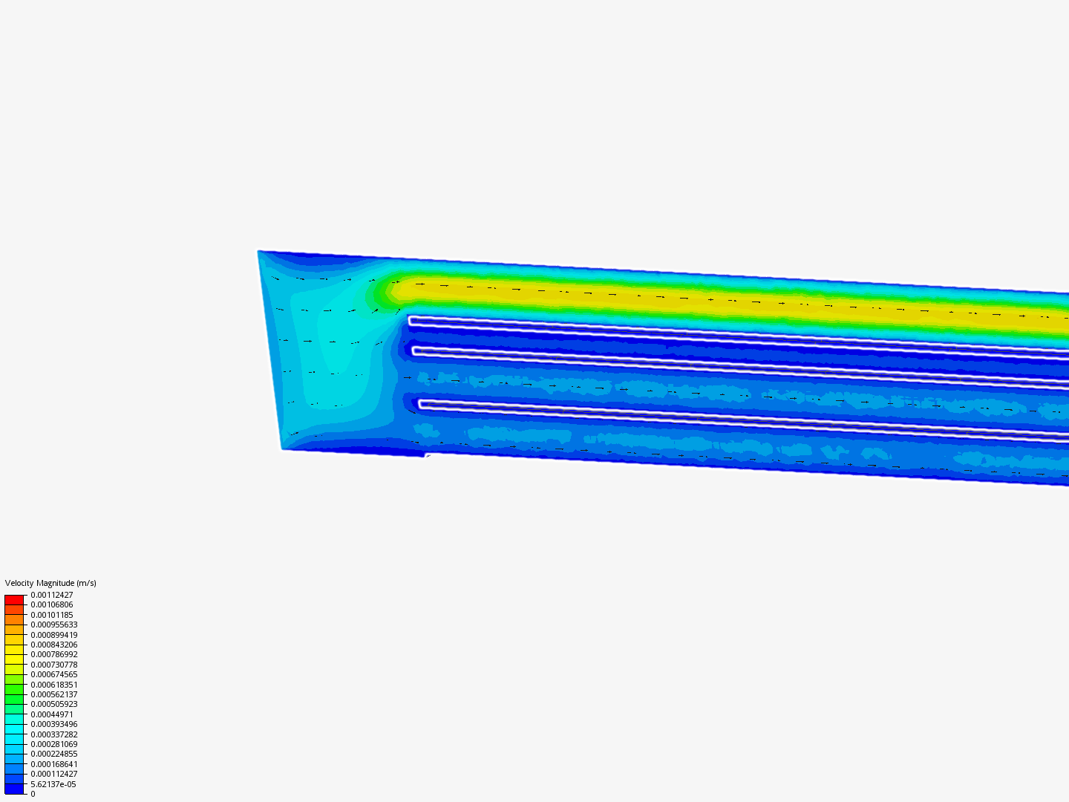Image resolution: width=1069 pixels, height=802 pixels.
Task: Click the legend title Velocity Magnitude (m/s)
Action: click(50, 583)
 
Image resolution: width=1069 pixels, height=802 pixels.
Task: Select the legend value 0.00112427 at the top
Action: click(52, 595)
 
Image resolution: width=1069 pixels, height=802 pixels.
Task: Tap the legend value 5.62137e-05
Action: click(53, 784)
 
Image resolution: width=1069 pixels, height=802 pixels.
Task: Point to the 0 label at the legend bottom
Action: click(33, 794)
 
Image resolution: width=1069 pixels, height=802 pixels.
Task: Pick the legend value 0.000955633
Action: click(54, 625)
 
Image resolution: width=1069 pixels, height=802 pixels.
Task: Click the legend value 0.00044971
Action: click(52, 714)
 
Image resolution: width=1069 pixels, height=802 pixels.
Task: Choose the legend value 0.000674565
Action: click(54, 674)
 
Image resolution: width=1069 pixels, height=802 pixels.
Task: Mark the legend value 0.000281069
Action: click(54, 744)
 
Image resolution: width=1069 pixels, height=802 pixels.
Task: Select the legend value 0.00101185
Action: click(52, 615)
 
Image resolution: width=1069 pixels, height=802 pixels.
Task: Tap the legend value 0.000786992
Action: click(54, 654)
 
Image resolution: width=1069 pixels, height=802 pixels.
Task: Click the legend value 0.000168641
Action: click(54, 764)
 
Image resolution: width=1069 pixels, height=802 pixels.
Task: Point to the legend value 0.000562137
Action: click(54, 694)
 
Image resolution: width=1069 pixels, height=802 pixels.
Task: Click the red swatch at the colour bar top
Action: click(14, 599)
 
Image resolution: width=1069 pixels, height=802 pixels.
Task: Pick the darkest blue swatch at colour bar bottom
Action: click(14, 789)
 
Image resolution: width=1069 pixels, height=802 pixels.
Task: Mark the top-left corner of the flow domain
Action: click(258, 252)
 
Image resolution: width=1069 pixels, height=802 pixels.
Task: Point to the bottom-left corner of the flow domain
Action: click(283, 449)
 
